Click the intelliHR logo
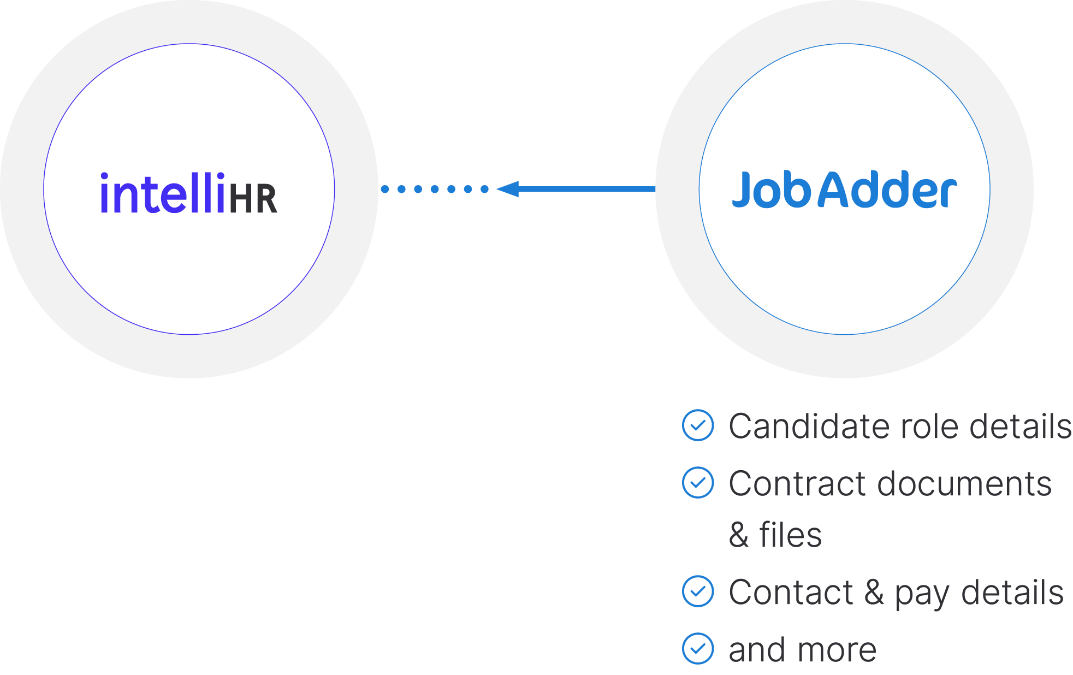coord(188,193)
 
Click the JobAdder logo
coord(844,190)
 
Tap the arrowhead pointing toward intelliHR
coord(508,189)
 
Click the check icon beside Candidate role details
coord(697,425)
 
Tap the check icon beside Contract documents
coord(697,482)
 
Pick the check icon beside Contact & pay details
coord(697,591)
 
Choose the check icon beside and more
coord(697,648)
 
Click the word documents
coord(964,484)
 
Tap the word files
coord(790,535)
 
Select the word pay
coord(921,594)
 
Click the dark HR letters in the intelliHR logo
coord(253,199)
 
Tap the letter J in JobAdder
coord(743,190)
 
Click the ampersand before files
coord(738,535)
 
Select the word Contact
coord(791,593)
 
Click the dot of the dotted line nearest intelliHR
coord(385,189)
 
